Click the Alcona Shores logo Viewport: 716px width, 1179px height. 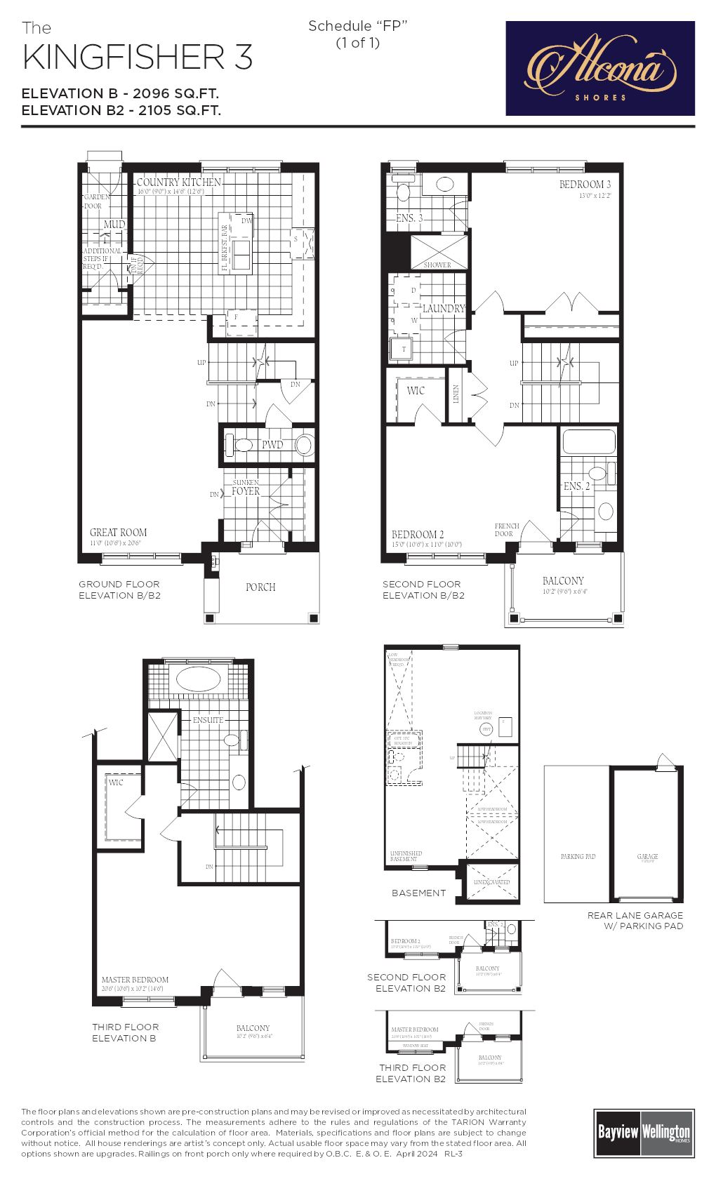(x=600, y=68)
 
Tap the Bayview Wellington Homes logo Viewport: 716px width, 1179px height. (x=643, y=1132)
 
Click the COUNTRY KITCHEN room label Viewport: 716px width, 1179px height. (x=179, y=182)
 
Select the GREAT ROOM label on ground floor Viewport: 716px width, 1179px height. (x=118, y=533)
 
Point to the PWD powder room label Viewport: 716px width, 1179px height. (x=272, y=445)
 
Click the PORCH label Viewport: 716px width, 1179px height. (x=260, y=587)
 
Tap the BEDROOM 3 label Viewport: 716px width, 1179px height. (x=585, y=185)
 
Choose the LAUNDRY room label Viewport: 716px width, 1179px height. (x=444, y=309)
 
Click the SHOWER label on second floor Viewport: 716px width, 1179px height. (x=437, y=265)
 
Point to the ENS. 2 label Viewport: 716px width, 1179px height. (x=577, y=486)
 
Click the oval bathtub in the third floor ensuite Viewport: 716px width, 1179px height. (x=198, y=679)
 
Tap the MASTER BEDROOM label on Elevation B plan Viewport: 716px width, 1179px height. (x=135, y=980)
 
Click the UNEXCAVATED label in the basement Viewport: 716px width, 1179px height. (x=492, y=882)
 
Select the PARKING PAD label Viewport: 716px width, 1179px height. (x=578, y=857)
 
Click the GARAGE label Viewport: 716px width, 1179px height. (x=647, y=857)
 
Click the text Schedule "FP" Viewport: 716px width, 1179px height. (x=358, y=26)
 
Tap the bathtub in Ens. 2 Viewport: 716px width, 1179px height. (x=589, y=442)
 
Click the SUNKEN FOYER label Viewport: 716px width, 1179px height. (x=246, y=488)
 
